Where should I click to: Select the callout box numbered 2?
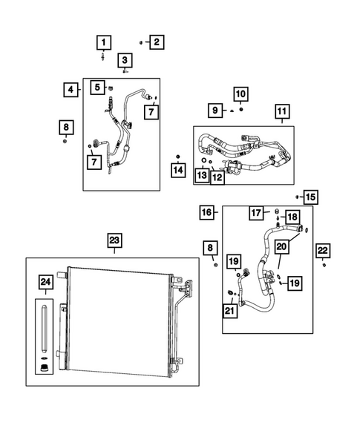(156, 42)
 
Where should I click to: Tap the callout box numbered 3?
(125, 60)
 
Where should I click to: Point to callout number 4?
(71, 90)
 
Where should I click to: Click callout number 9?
(215, 110)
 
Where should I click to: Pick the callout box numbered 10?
(241, 94)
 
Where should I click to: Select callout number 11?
(281, 113)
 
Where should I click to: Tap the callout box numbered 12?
(217, 177)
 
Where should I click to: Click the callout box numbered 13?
(202, 175)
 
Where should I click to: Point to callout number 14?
(177, 171)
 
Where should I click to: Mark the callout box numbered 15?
(310, 197)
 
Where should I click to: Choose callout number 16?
(208, 213)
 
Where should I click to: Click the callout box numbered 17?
(256, 213)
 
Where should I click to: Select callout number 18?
(292, 217)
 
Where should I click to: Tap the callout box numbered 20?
(281, 246)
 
